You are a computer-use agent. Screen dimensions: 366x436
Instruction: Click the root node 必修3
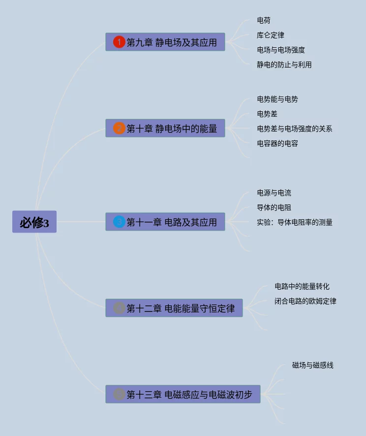34,222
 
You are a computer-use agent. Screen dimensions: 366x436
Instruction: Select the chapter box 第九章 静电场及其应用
165,42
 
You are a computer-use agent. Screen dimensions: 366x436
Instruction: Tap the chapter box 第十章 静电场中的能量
165,129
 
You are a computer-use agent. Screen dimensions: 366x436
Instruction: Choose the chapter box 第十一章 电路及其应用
165,222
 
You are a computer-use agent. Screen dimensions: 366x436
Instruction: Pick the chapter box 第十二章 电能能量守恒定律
174,308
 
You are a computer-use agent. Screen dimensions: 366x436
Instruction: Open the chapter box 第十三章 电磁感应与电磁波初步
183,395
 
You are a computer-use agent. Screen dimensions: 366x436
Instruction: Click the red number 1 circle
119,42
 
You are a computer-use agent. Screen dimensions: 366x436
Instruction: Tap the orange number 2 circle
119,129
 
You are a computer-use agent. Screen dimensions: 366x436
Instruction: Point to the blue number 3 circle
119,222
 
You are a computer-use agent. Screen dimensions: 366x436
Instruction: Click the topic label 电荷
264,20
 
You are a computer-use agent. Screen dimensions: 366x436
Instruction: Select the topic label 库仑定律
271,35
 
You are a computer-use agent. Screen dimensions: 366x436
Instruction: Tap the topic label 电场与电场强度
281,50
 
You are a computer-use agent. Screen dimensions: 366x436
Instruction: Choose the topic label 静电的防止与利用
284,65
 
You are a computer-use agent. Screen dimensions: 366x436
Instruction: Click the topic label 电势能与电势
277,99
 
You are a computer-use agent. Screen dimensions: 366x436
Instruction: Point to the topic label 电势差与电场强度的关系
295,129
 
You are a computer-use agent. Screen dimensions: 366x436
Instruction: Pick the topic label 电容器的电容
277,143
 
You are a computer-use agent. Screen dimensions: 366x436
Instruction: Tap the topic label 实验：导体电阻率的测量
295,222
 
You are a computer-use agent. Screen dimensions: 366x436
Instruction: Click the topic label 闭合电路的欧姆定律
305,301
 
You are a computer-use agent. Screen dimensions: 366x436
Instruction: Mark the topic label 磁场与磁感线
313,365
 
